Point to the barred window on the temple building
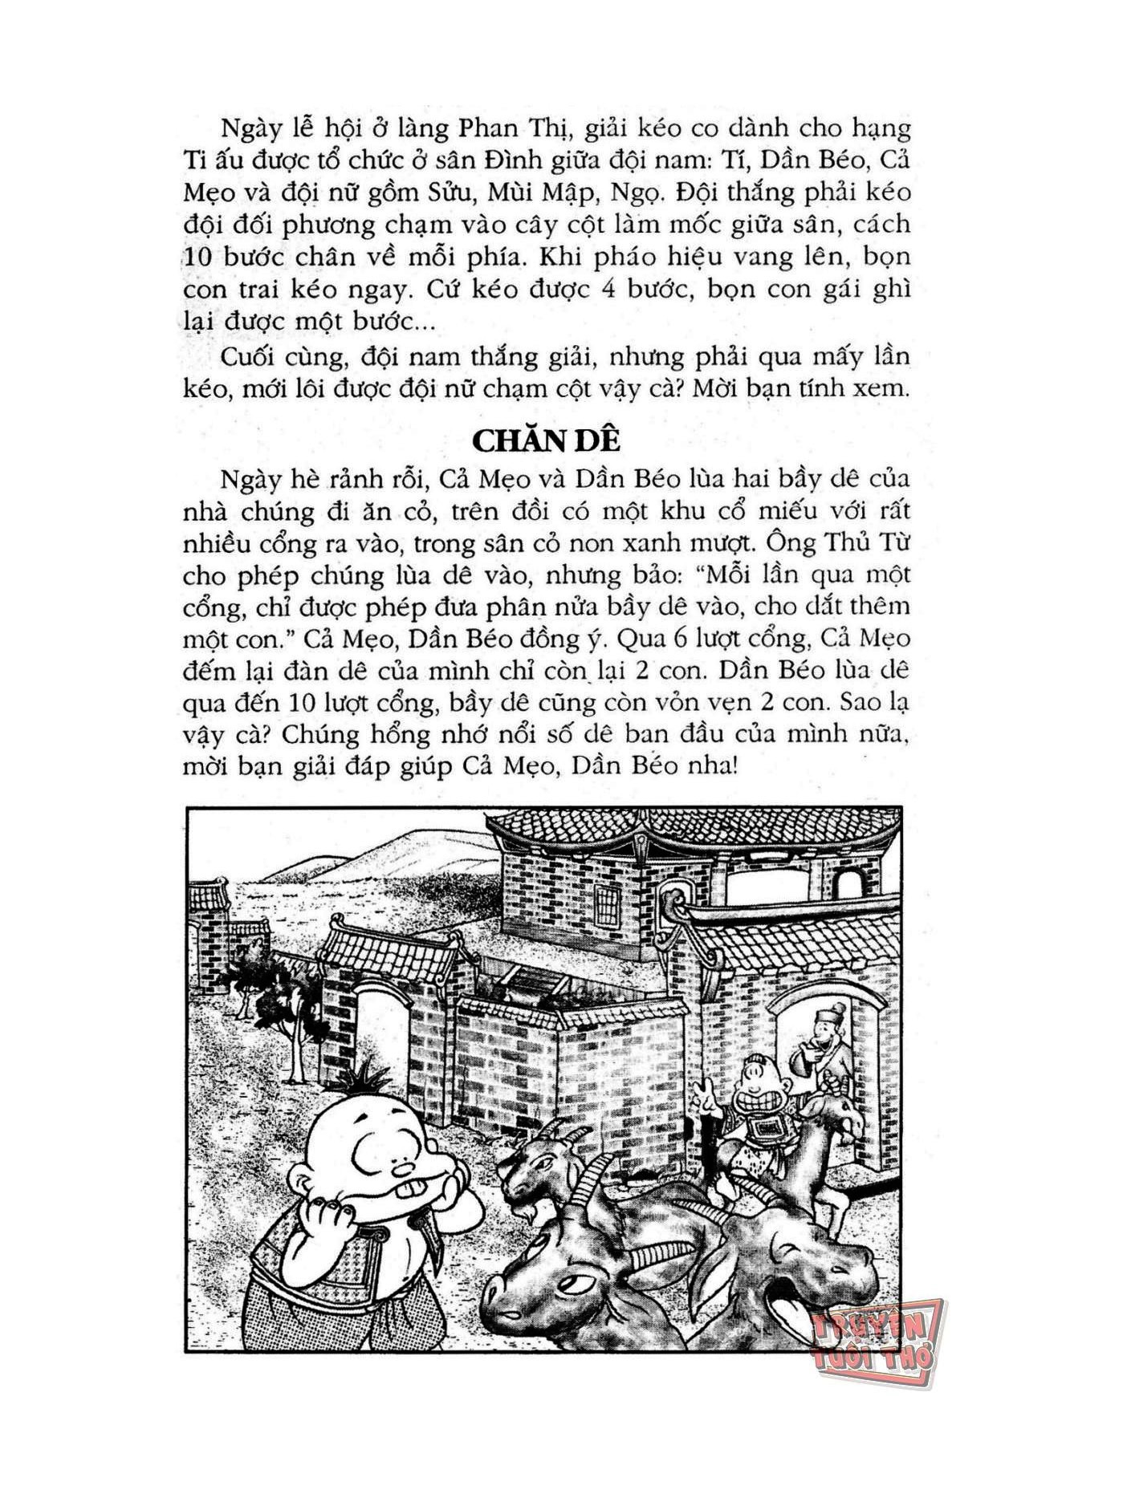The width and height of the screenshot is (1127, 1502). [608, 907]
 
